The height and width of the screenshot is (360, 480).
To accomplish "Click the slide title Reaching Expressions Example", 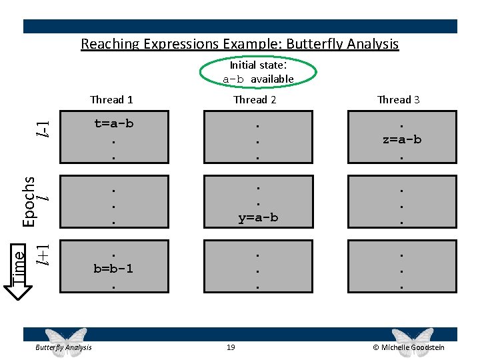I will pos(239,44).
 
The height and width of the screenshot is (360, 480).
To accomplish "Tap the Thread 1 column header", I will pos(111,99).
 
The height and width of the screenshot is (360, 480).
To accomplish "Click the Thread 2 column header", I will pos(255,99).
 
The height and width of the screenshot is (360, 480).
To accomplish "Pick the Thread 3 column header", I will pos(399,99).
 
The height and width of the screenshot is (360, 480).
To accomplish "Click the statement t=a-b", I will pos(113,123).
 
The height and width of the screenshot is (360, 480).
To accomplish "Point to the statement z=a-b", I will pos(401,139).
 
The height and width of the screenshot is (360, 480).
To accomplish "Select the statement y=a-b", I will pos(257,217).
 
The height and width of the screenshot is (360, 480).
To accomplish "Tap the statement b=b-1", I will pos(113,269).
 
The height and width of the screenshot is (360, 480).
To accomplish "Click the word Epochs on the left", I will pos(29,200).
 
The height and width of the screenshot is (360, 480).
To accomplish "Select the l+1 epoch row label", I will pos(42,253).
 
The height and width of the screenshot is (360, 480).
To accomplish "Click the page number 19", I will pos(231,347).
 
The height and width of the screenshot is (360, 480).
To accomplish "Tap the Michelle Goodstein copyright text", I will pos(409,347).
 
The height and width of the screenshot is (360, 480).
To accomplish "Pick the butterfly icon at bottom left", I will pos(64,338).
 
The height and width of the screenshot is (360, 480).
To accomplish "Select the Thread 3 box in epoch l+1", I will pos(402,267).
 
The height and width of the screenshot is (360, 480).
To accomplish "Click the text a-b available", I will pos(258,79).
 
